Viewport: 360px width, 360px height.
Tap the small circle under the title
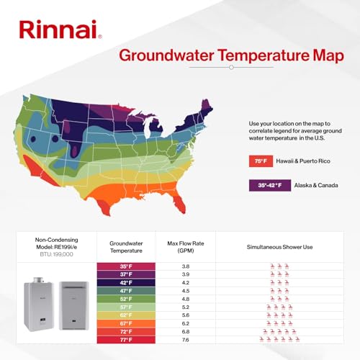coord(230,67)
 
